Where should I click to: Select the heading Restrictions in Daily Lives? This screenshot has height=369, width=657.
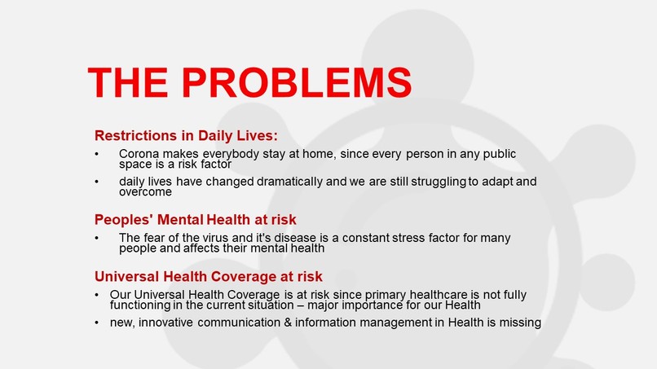186,134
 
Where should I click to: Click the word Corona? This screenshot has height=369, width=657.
140,153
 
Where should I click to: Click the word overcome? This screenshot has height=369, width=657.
145,192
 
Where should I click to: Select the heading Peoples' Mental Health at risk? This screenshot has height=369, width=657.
196,219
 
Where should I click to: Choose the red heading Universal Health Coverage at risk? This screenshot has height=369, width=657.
209,275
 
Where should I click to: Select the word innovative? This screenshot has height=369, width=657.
172,323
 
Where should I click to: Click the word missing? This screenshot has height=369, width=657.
518,323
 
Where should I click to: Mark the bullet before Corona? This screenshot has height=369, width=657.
98,154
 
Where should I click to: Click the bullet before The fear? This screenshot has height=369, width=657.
98,239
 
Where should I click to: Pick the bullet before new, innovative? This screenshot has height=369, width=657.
98,323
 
